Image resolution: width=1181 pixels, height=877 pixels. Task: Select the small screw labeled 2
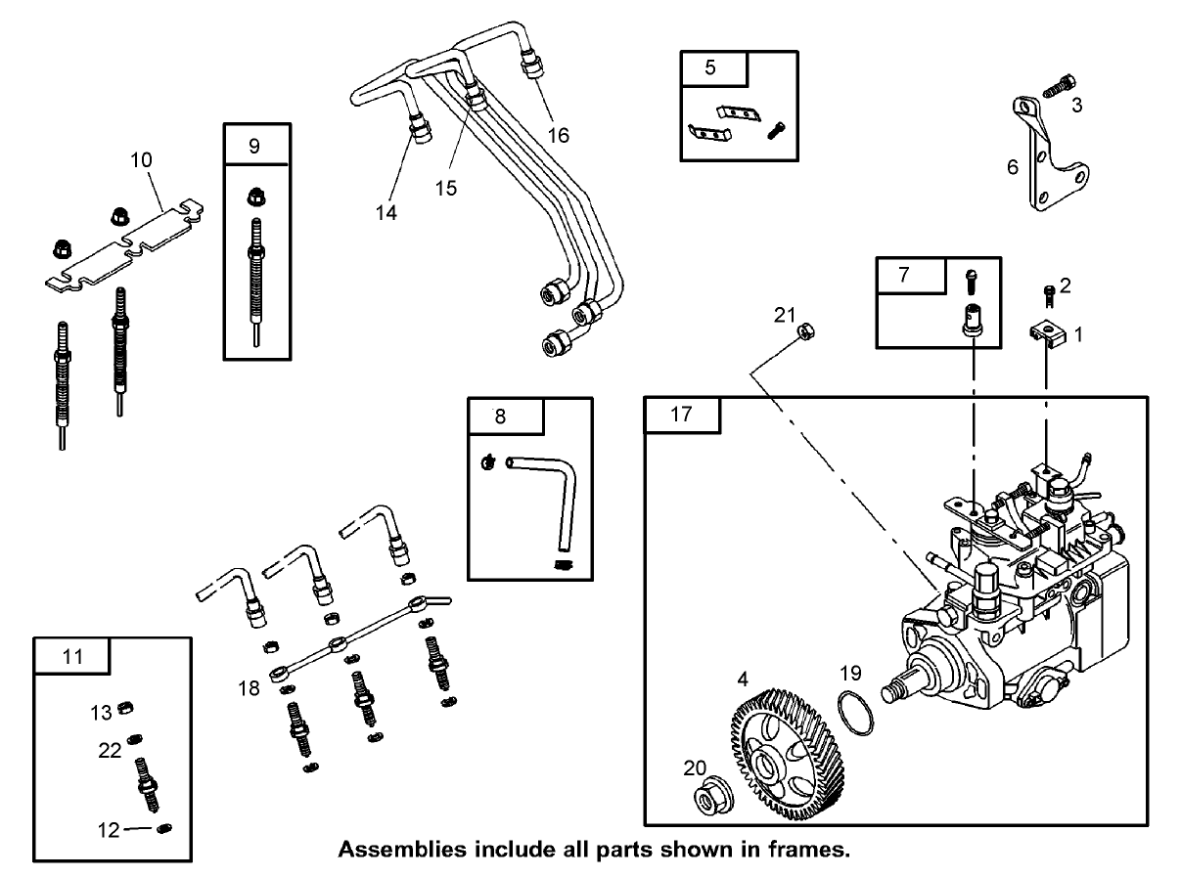click(1049, 291)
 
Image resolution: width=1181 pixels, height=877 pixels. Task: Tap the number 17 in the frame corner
click(681, 415)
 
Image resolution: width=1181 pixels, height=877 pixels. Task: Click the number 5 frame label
click(711, 67)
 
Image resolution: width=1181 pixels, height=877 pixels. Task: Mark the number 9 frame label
click(254, 146)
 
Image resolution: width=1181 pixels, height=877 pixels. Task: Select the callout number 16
click(558, 134)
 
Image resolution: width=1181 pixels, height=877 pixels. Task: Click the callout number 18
click(249, 687)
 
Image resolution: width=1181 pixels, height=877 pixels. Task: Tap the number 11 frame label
click(73, 657)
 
